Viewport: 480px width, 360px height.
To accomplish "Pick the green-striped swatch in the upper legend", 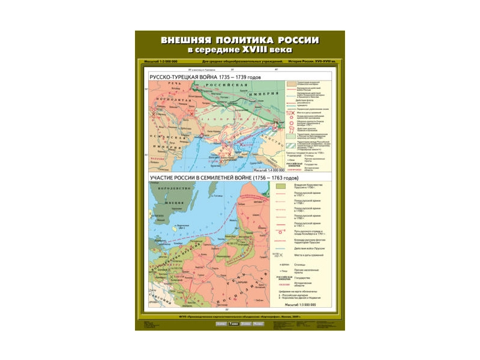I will [289, 144].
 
